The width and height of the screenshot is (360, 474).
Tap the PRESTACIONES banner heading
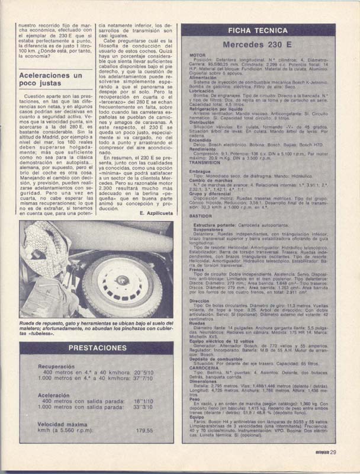coord(95,348)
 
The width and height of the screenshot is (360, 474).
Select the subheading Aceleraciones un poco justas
coord(51,80)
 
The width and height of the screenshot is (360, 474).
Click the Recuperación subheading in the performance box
coord(56,366)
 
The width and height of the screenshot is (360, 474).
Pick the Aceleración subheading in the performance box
coord(54,395)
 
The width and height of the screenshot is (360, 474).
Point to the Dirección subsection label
coord(200,301)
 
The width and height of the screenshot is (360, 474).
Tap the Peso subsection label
coord(195,399)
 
